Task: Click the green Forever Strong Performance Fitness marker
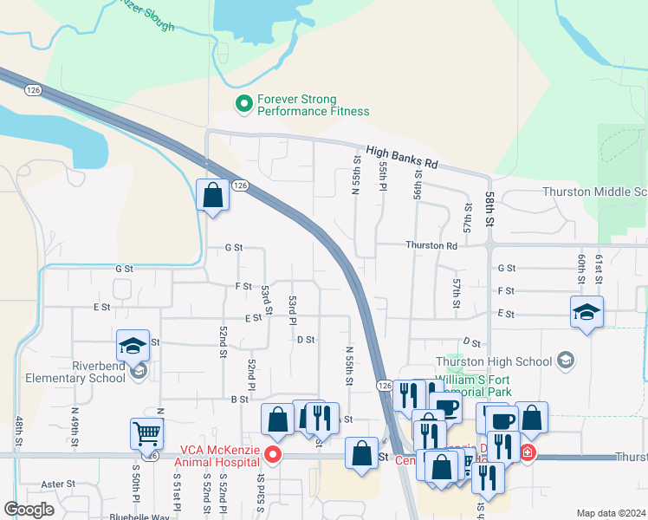click(x=244, y=105)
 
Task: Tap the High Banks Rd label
click(x=402, y=157)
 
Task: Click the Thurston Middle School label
click(x=594, y=192)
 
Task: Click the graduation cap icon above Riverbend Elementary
click(x=133, y=346)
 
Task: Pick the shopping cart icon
click(x=146, y=432)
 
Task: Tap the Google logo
click(x=29, y=509)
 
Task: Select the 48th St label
click(x=18, y=431)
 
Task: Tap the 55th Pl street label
click(x=381, y=176)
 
